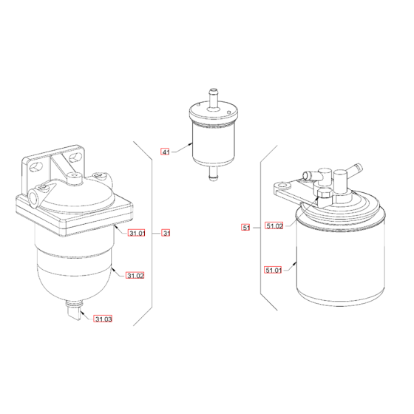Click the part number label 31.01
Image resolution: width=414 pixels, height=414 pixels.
[136, 234]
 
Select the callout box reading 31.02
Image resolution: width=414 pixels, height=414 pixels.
[135, 276]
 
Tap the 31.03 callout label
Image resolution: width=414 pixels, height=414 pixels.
[103, 319]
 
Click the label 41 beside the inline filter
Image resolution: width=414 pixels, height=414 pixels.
[166, 152]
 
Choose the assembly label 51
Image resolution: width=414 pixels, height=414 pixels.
[246, 227]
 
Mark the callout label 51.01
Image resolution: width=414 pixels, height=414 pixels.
[274, 271]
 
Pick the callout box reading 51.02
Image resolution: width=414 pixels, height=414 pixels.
[274, 227]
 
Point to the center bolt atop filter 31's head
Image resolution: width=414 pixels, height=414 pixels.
[75, 178]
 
